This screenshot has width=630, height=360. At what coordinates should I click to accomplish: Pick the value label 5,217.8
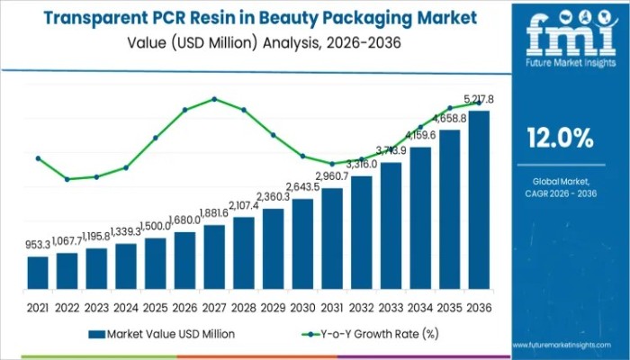[x=478, y=99]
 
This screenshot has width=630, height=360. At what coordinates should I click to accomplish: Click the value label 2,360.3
[x=273, y=196]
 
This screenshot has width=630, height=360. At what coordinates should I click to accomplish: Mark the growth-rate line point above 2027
[x=214, y=98]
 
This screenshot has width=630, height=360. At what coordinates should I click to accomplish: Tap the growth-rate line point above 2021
[x=38, y=158]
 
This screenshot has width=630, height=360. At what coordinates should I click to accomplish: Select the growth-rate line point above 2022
[x=67, y=179]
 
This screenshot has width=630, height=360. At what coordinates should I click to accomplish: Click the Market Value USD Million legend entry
[x=163, y=333]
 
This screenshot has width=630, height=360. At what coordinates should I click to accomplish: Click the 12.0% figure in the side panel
[x=559, y=139]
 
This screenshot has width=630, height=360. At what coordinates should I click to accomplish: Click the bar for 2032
[x=361, y=237]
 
